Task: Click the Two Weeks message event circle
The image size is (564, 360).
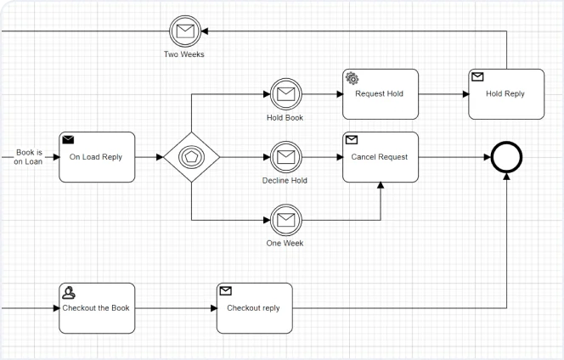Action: pyautogui.click(x=184, y=32)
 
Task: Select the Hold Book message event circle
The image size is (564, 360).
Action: pyautogui.click(x=285, y=94)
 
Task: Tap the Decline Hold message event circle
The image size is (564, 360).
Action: pyautogui.click(x=285, y=157)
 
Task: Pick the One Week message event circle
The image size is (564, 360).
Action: pyautogui.click(x=285, y=220)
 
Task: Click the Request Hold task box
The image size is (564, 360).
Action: pyautogui.click(x=380, y=94)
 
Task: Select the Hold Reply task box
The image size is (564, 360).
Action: pyautogui.click(x=505, y=94)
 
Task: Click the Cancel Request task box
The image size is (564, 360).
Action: pyautogui.click(x=380, y=157)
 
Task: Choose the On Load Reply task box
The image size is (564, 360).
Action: pyautogui.click(x=96, y=157)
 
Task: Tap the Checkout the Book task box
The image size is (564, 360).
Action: pyautogui.click(x=96, y=308)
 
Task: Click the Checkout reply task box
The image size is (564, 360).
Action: pyautogui.click(x=253, y=308)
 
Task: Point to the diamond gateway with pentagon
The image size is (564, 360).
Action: pyautogui.click(x=192, y=157)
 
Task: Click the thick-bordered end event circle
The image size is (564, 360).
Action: pyautogui.click(x=506, y=157)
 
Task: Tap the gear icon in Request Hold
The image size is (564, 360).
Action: pyautogui.click(x=352, y=77)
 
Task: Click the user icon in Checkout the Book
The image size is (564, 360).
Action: pyautogui.click(x=69, y=291)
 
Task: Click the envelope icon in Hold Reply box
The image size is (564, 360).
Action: pyautogui.click(x=477, y=77)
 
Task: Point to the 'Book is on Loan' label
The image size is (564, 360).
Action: pyautogui.click(x=28, y=157)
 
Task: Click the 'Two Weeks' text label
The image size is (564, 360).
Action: pyautogui.click(x=184, y=54)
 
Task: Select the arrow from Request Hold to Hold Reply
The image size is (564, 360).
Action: pyautogui.click(x=443, y=94)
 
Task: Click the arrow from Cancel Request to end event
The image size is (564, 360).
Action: pyautogui.click(x=454, y=157)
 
